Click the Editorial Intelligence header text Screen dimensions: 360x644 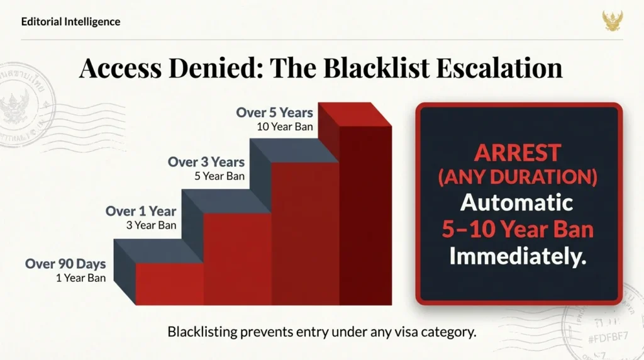70,21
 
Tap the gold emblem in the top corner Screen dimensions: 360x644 613,20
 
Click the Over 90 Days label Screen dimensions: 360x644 65,264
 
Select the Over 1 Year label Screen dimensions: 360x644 141,211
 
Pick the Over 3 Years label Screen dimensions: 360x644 206,162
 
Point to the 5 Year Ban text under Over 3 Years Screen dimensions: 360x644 219,176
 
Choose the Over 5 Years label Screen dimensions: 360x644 274,113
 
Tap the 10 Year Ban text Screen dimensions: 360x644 285,126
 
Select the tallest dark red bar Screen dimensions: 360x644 365,214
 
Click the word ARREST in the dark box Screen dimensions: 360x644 518,153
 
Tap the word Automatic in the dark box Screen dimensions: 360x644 517,203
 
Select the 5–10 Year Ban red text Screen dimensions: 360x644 517,229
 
